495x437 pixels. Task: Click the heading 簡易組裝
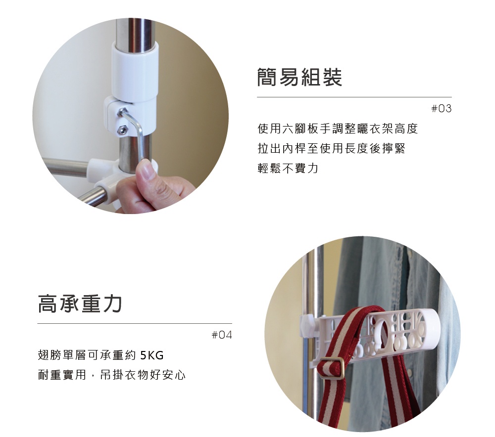299,78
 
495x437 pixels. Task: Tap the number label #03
442,108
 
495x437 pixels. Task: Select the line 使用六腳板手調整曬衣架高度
338,130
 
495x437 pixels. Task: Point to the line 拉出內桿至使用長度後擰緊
331,149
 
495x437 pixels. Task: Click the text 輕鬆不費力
288,169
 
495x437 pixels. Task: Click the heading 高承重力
80,304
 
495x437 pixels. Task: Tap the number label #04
221,335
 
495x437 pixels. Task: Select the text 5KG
151,355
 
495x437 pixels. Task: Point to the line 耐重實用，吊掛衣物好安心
112,375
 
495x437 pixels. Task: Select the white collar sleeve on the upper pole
135,69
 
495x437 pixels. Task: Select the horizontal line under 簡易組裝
354,97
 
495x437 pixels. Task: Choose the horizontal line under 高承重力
135,324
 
